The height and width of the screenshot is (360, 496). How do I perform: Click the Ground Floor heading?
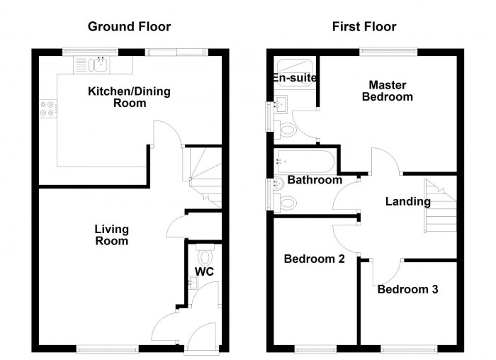129,27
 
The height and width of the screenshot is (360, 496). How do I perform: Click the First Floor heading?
364,27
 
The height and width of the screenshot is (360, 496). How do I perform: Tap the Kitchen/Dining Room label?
117,97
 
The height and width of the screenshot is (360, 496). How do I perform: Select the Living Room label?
112,235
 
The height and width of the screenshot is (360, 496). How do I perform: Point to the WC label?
205,271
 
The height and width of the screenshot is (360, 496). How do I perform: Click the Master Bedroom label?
387,91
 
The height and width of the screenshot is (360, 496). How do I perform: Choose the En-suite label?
294,77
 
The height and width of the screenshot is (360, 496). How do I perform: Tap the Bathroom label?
315,180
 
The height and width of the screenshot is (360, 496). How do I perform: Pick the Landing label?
407,201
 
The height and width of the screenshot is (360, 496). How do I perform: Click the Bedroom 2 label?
314,259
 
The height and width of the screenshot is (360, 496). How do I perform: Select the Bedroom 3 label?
407,289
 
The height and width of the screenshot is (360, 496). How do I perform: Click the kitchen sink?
98,65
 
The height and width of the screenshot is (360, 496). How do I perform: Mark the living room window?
108,348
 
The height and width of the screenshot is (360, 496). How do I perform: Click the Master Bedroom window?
388,51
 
